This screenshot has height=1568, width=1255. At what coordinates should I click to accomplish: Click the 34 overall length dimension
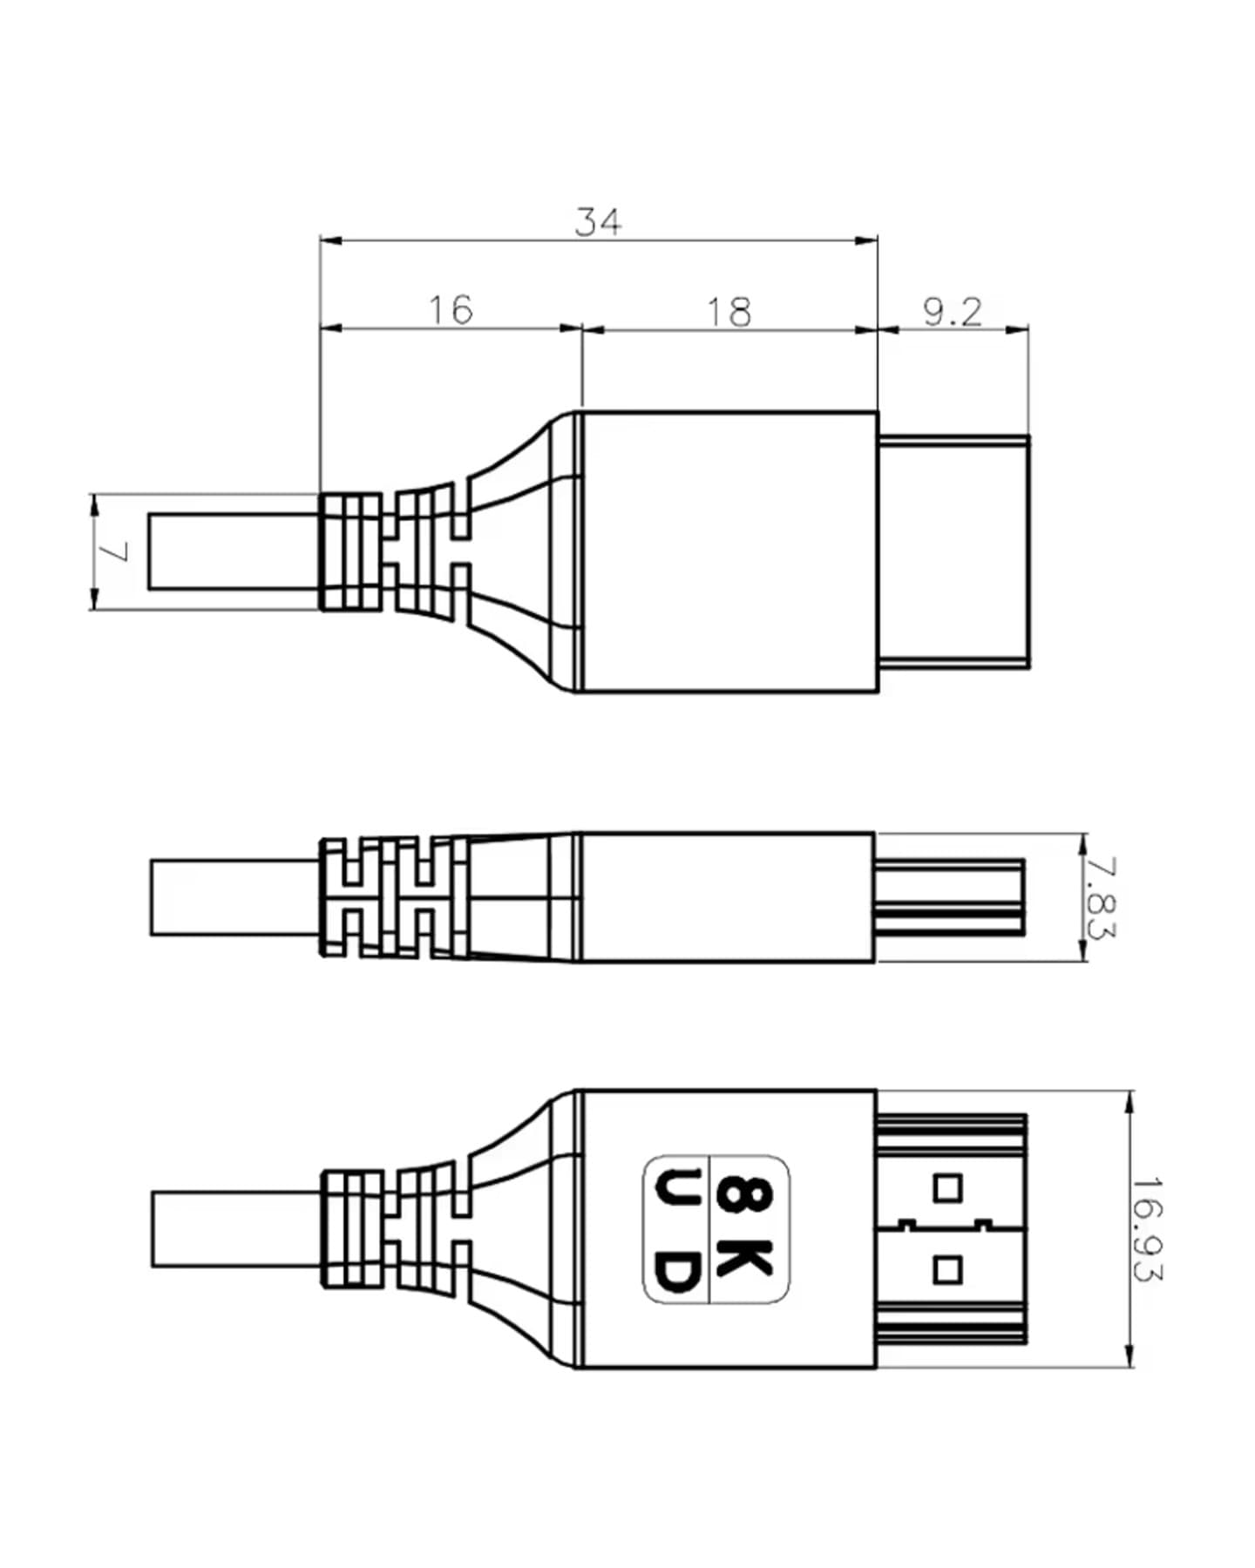(599, 222)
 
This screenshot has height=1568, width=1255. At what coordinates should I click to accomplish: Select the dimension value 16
(451, 309)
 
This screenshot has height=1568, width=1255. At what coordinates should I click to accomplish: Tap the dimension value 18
(728, 312)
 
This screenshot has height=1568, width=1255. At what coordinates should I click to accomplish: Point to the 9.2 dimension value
(953, 311)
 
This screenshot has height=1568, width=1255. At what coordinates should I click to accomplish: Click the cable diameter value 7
(115, 551)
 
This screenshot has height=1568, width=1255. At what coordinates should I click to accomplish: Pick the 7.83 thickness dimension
(1101, 898)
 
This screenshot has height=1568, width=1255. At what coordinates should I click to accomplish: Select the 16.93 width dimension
(1148, 1229)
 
